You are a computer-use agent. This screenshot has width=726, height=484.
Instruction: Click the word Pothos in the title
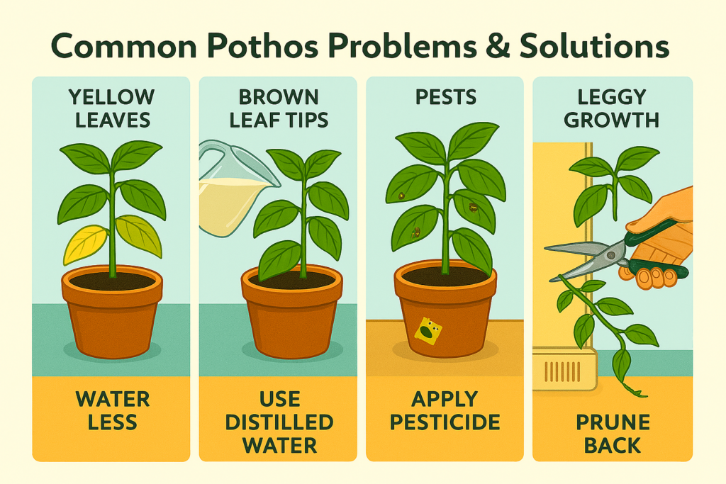(x=262, y=46)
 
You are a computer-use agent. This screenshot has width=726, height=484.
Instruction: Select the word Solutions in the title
(x=594, y=46)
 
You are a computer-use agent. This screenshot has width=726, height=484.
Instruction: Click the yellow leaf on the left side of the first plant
(x=86, y=243)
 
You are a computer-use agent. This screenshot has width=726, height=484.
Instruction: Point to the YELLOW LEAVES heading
(x=112, y=108)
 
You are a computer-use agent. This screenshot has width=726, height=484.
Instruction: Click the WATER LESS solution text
(x=113, y=410)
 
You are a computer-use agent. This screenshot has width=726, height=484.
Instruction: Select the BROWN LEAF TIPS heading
(x=279, y=108)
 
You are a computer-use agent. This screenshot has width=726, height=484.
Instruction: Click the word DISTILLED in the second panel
(x=279, y=422)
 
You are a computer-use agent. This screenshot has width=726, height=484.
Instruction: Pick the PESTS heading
(x=445, y=97)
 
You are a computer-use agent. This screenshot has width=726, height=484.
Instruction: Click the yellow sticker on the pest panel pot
(x=428, y=332)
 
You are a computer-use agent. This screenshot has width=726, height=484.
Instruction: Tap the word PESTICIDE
(x=445, y=422)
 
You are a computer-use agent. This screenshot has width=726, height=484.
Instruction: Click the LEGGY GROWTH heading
(x=612, y=108)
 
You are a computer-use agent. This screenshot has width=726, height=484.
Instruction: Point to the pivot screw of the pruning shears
(x=612, y=254)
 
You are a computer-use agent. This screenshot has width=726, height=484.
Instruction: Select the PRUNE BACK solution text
(x=613, y=434)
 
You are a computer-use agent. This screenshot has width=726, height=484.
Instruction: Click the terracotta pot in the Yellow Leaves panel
(x=112, y=311)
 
